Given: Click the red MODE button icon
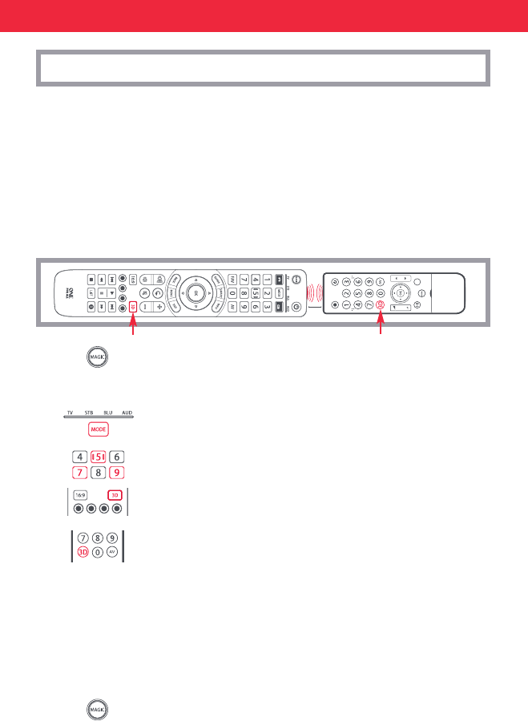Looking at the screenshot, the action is (x=98, y=429).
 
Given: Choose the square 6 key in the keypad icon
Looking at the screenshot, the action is (x=118, y=457).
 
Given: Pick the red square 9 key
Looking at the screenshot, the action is (x=118, y=473).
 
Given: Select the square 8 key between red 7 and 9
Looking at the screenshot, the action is (x=99, y=473).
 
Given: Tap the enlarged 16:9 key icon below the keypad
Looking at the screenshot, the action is (x=81, y=495).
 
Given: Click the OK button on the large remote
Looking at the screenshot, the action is (x=193, y=293).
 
